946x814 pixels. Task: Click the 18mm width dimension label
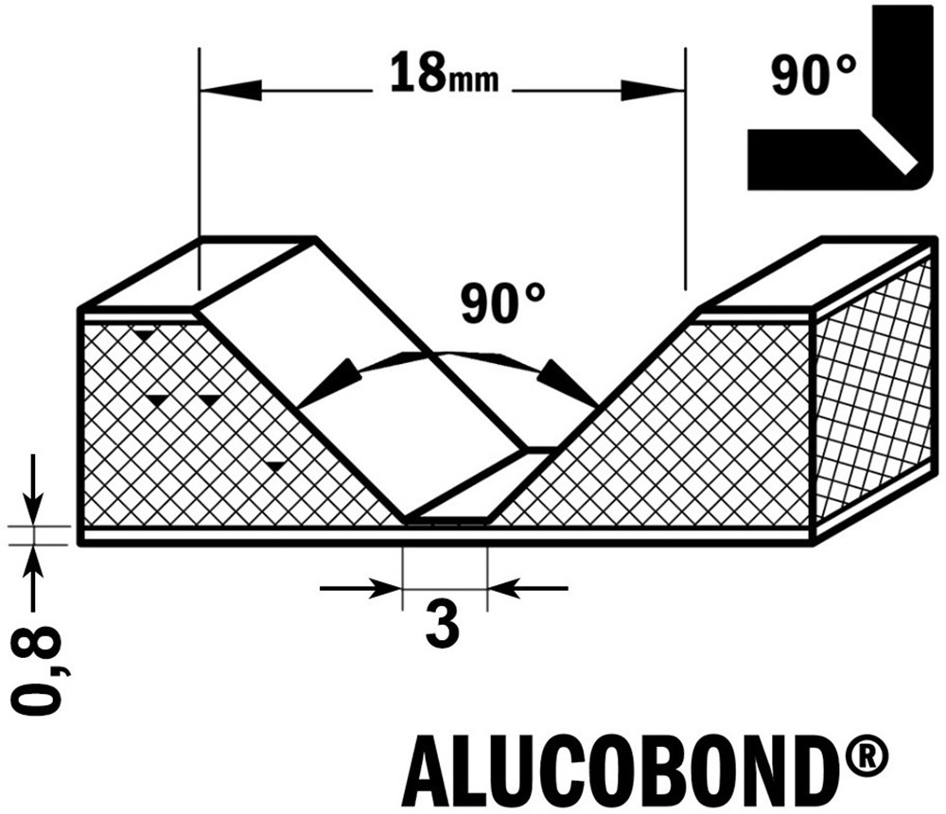443,76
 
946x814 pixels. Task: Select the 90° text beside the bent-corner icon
815,74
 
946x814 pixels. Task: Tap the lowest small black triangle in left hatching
275,465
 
